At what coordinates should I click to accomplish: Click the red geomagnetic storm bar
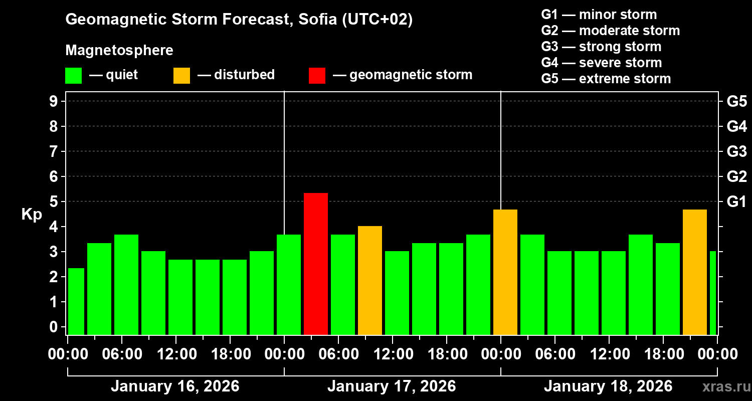(316, 264)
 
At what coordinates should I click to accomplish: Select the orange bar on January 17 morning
(370, 280)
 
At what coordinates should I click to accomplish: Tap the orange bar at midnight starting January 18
(505, 272)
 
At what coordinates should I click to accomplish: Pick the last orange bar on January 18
(695, 272)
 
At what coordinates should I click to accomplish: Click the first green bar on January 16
(76, 301)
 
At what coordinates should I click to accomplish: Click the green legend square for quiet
(73, 75)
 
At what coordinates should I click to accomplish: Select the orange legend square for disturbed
(181, 75)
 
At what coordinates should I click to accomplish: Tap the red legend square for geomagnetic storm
(317, 75)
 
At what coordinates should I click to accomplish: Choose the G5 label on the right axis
(736, 101)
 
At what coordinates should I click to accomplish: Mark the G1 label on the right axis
(736, 202)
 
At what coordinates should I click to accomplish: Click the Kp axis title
(32, 215)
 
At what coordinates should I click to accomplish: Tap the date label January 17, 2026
(392, 386)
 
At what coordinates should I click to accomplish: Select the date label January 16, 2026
(175, 386)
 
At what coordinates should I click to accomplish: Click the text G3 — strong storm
(601, 47)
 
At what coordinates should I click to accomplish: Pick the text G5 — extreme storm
(606, 79)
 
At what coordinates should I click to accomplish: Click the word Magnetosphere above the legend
(119, 51)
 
